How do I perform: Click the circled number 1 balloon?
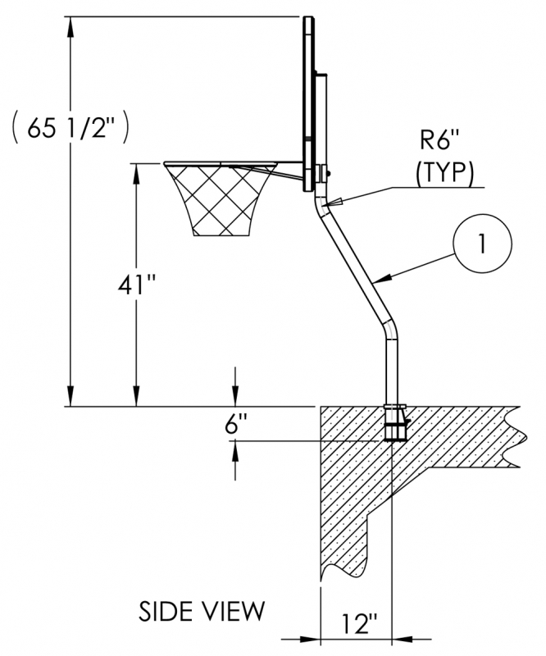[x=483, y=244]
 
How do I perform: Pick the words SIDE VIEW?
[x=202, y=610]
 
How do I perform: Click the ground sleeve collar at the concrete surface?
[x=394, y=408]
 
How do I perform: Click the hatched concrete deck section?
[x=353, y=476]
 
